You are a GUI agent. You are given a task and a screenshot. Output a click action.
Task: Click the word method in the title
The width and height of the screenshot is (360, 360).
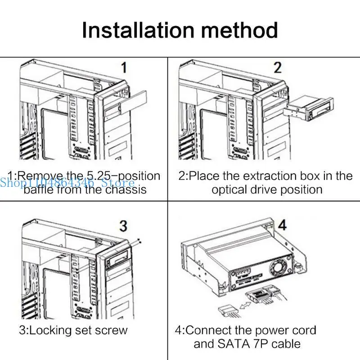coord(240,30)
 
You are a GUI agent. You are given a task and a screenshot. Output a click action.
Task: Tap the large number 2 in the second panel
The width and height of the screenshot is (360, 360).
coord(278,68)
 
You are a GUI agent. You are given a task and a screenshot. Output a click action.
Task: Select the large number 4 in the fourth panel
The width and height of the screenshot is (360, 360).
coord(282,225)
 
